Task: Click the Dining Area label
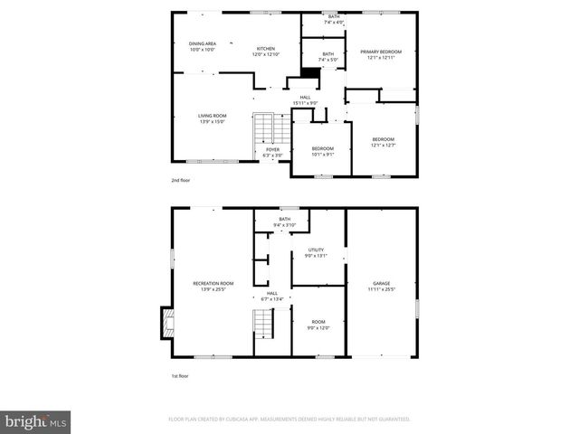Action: coord(202,46)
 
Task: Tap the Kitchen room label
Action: coord(265,52)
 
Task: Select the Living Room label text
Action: coord(213,118)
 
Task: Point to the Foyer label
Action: coord(272,152)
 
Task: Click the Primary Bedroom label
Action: coord(381,54)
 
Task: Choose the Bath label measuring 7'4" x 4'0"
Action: coord(334,19)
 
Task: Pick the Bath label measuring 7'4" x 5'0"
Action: coord(327,57)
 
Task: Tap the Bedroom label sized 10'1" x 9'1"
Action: coord(323,151)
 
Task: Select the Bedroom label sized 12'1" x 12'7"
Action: coord(383,141)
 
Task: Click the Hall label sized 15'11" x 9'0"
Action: coord(305,99)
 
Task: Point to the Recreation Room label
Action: coord(213,287)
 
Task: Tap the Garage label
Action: coord(381,287)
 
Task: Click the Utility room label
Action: coord(316,252)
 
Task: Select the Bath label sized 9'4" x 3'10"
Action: coord(284,222)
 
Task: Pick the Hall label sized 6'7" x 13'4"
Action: coord(271,296)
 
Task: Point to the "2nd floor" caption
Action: coord(181,181)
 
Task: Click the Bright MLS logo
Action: coord(36,421)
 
